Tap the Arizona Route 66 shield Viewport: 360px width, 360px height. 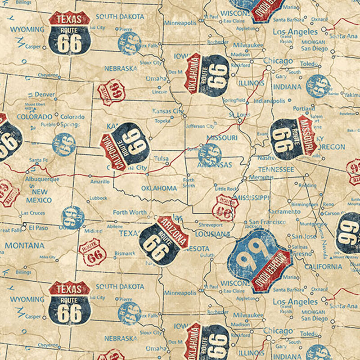(163, 241)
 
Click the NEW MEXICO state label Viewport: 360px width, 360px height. (39, 195)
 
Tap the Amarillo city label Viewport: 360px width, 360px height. (99, 182)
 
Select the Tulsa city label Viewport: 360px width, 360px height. (161, 158)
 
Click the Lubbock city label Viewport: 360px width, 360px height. (98, 198)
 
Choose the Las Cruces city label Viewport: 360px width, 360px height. (33, 213)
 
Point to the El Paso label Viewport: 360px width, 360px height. (38, 228)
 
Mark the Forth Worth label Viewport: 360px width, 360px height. (130, 212)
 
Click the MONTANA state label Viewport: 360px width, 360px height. (25, 246)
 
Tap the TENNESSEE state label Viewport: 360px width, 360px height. (276, 169)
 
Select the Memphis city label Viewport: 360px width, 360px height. (261, 178)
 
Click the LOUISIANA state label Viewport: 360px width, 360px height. (213, 234)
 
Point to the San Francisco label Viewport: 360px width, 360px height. (268, 222)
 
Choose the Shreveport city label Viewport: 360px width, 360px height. (211, 225)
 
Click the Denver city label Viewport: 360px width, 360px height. (45, 94)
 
